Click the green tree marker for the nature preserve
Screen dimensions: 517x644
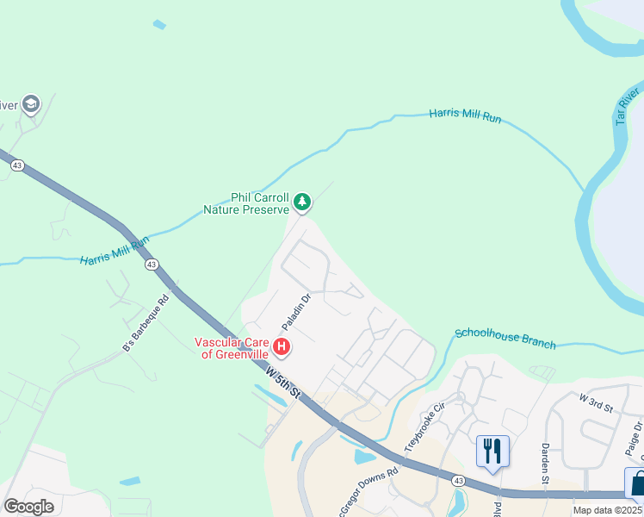tap(301, 202)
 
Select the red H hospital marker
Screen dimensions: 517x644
tap(281, 348)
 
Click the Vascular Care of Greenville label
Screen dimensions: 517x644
tap(232, 347)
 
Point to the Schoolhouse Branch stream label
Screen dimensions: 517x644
tap(505, 338)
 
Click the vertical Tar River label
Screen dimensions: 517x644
tap(627, 105)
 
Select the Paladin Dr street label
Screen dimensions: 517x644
tap(295, 312)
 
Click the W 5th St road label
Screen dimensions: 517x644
tap(283, 383)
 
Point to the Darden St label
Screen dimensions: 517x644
tap(544, 463)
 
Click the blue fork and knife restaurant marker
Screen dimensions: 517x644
tap(492, 451)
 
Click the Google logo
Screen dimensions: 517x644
tap(28, 507)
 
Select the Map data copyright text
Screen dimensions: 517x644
tap(608, 510)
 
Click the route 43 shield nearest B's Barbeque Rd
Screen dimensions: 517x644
tap(152, 265)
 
